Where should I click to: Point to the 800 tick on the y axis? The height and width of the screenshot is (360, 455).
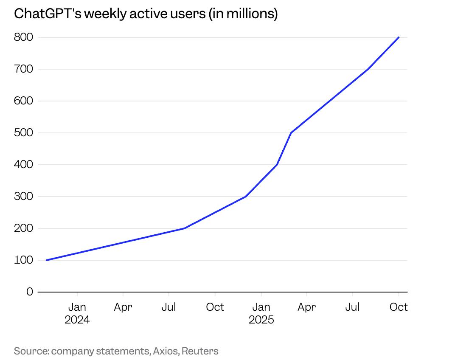point(24,37)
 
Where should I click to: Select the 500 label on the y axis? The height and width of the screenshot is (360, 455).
point(24,133)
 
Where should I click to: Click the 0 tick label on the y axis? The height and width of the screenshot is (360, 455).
point(29,292)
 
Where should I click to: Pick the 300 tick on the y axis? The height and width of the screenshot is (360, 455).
point(24,197)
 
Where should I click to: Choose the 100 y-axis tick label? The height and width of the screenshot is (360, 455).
point(24,260)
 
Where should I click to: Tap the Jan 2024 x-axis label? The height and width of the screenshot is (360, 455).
point(77,313)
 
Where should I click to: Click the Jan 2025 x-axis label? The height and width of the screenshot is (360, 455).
point(261,313)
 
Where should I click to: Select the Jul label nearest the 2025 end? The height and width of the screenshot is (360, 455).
point(352,307)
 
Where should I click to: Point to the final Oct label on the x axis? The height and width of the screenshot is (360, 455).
point(399,307)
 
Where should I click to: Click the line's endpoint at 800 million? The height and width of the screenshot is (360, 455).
point(399,37)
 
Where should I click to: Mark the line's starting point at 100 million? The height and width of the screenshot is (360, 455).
point(46,260)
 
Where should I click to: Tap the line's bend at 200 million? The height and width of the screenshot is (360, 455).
point(184,228)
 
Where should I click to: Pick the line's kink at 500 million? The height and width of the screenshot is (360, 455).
point(291,133)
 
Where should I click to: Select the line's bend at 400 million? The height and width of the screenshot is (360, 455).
point(277,165)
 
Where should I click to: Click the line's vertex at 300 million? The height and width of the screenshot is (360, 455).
point(246,197)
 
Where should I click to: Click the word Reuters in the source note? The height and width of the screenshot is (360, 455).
point(200,351)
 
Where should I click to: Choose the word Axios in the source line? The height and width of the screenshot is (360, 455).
point(166,351)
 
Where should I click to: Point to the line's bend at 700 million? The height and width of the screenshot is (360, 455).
point(368,69)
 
